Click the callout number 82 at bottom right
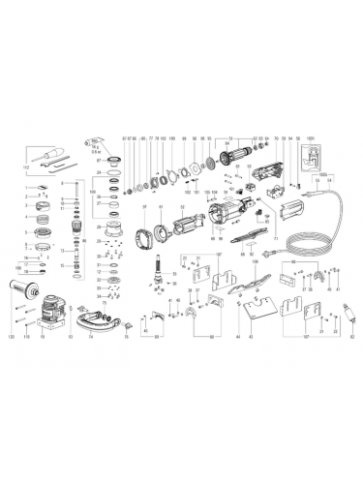click(x=351, y=335)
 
